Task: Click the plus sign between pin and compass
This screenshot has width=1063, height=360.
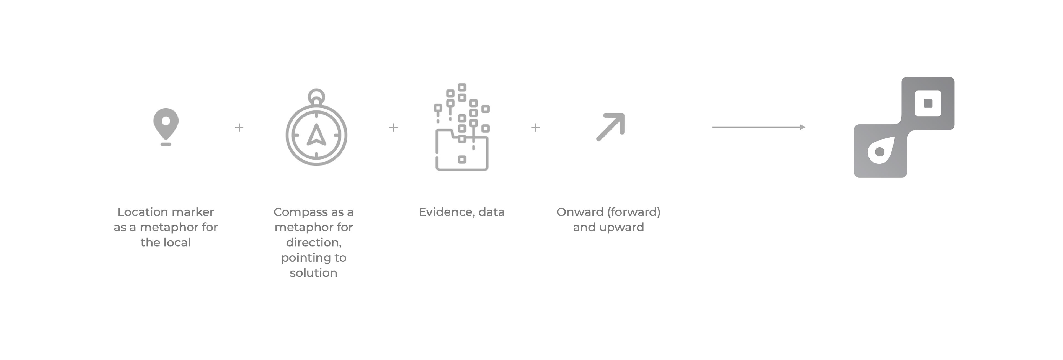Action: point(239,128)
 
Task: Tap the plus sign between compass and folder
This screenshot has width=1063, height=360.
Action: point(394,128)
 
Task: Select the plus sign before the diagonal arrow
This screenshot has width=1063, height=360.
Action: point(536,128)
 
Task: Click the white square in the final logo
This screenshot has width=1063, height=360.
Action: point(928,103)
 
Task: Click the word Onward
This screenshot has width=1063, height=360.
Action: point(580,212)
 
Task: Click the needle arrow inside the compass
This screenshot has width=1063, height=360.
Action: point(316,135)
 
